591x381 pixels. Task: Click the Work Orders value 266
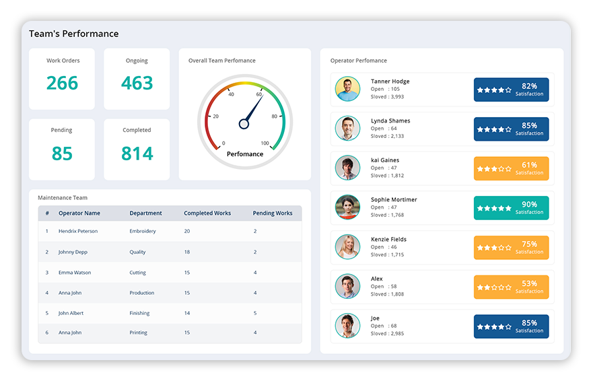pos(63,83)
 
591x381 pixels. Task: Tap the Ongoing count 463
pos(137,83)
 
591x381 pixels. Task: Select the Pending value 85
pos(62,153)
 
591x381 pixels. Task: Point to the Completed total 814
pos(137,153)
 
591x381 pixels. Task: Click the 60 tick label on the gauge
pos(258,94)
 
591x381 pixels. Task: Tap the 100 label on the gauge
pos(265,143)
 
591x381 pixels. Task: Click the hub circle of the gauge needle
pos(244,123)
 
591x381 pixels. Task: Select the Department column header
pos(145,213)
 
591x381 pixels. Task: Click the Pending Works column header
pos(273,213)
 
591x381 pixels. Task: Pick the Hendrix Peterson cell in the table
pos(78,231)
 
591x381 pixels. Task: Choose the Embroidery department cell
pos(143,231)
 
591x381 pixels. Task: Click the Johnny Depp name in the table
pos(72,252)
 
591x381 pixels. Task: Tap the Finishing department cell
pos(140,313)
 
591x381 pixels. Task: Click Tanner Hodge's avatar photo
pos(348,90)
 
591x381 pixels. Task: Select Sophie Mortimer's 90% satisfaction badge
pos(511,208)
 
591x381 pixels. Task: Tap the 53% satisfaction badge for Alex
pos(511,287)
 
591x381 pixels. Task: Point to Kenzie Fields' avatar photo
pos(348,247)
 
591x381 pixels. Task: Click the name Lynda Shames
pos(390,120)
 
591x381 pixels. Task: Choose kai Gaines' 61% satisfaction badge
pos(511,168)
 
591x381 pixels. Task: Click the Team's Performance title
pos(73,34)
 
